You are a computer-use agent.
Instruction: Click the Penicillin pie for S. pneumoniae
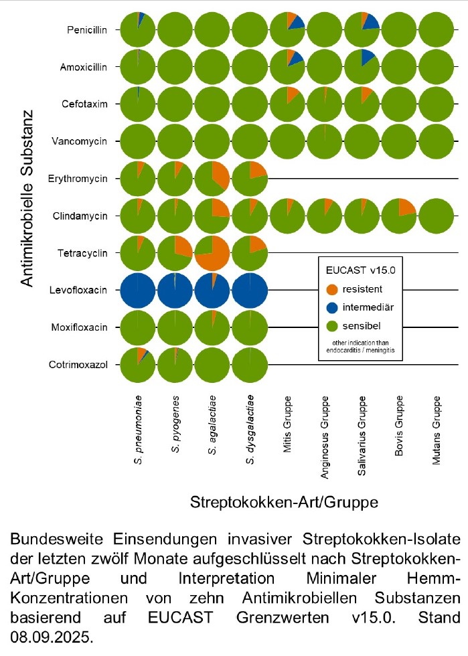point(138,29)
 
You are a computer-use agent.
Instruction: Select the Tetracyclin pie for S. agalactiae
point(213,252)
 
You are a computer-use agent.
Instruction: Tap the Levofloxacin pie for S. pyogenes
point(175,290)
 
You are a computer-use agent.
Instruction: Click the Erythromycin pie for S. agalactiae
point(213,179)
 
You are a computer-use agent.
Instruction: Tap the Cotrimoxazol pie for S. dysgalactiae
point(250,364)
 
